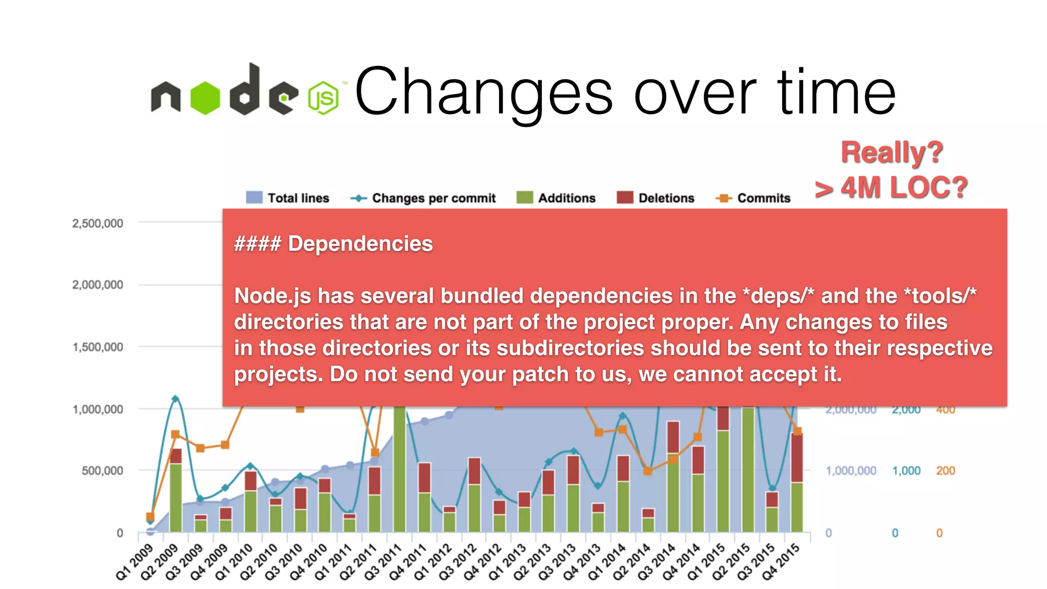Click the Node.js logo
244,91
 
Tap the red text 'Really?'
892,152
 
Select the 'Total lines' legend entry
287,198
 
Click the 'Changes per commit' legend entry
423,198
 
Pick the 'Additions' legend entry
556,198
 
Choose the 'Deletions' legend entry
656,198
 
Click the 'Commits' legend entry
754,198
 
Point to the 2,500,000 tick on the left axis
98,223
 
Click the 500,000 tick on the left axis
102,470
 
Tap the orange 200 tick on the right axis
945,470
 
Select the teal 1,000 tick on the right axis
906,470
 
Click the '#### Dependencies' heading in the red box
333,244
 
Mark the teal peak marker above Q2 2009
175,399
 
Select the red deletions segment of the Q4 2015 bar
796,458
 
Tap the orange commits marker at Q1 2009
150,516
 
